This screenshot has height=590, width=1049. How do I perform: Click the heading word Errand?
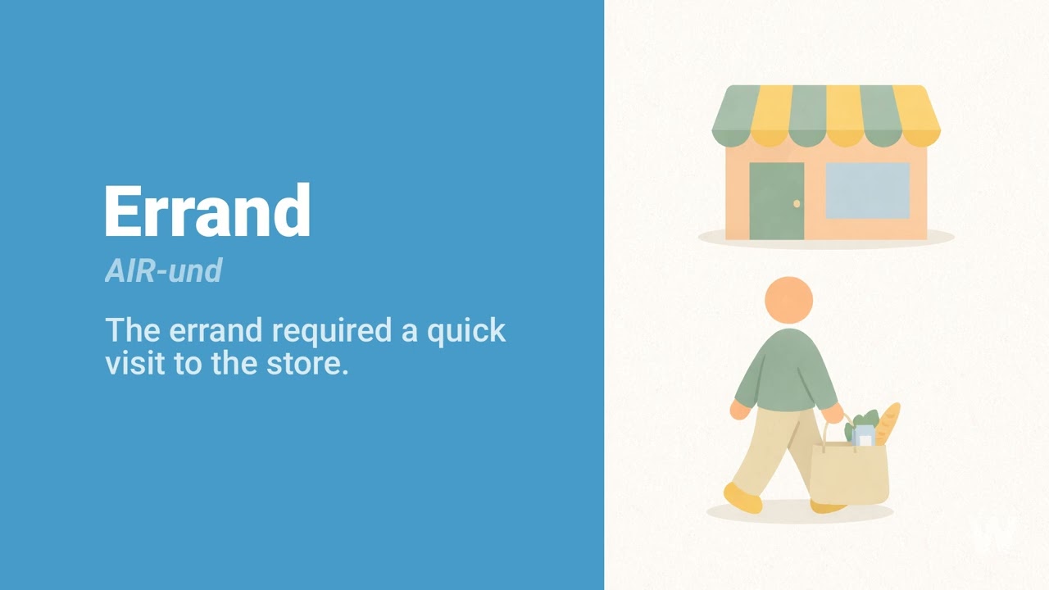click(x=207, y=211)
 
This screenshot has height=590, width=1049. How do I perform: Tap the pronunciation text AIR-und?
click(x=163, y=270)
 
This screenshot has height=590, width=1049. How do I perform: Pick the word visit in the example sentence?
click(x=135, y=363)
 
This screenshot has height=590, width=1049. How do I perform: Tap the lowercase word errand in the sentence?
click(x=216, y=330)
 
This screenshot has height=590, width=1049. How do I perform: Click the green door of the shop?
click(x=776, y=201)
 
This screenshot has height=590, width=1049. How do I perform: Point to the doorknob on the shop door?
click(x=796, y=203)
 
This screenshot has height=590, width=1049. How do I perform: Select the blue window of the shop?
click(x=867, y=190)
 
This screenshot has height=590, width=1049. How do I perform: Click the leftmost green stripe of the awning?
click(x=730, y=115)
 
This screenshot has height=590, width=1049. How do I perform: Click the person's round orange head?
click(x=788, y=300)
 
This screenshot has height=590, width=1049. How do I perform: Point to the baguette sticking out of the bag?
click(x=888, y=422)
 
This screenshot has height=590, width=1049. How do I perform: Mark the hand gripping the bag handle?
click(x=833, y=414)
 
